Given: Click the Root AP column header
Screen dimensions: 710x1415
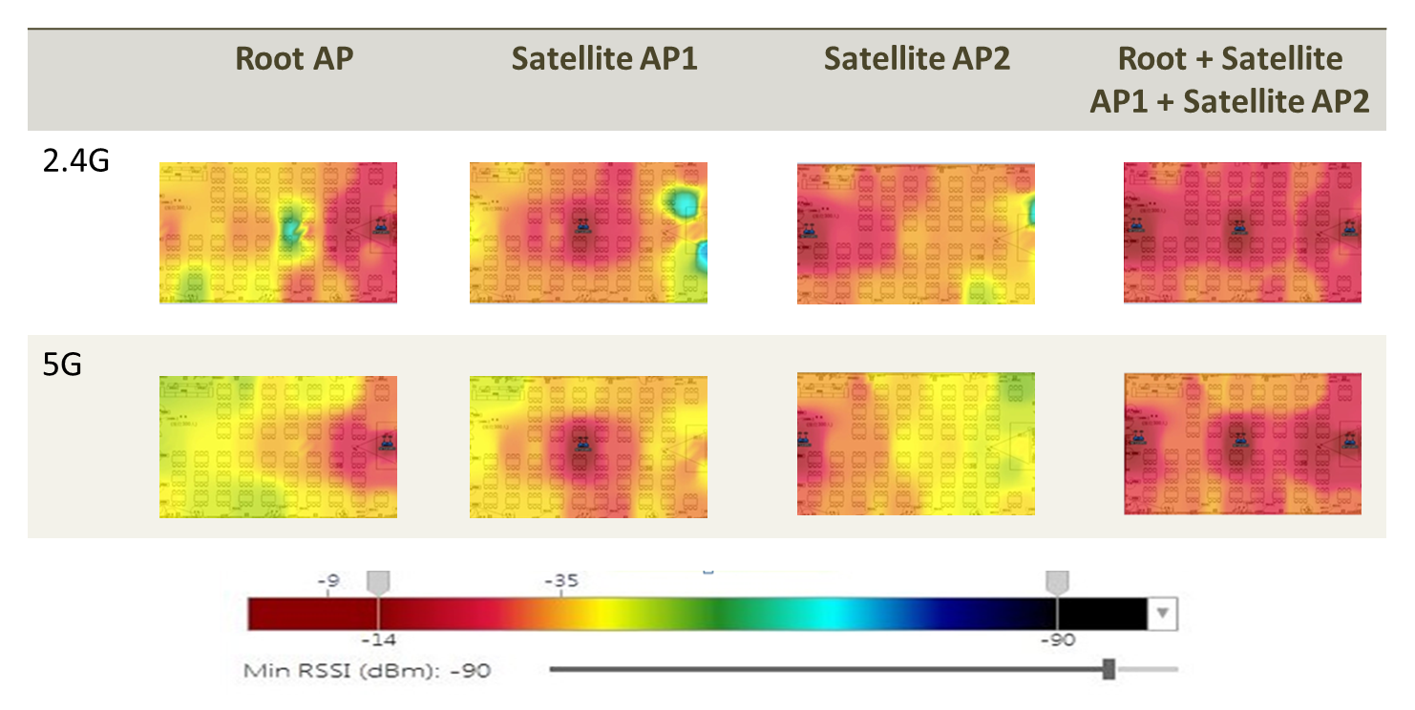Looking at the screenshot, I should [x=294, y=59].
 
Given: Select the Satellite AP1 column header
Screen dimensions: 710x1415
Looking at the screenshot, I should [x=604, y=59].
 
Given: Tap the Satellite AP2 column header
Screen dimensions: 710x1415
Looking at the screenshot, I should [x=917, y=59].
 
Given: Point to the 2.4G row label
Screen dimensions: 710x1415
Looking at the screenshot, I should [x=76, y=160].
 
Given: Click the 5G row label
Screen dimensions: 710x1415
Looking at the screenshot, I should [x=62, y=365].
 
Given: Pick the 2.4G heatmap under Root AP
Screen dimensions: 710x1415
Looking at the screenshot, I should [x=278, y=233].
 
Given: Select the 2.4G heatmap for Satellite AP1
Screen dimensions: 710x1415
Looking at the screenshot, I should [x=588, y=233].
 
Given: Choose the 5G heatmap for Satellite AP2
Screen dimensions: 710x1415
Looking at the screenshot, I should [x=916, y=443].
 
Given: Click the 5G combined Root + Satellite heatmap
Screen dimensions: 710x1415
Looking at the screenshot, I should [x=1242, y=445].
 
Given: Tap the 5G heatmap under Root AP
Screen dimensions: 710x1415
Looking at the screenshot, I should [x=278, y=447].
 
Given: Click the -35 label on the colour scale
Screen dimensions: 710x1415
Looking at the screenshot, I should [x=560, y=580].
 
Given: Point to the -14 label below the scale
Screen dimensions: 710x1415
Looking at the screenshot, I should [x=378, y=640].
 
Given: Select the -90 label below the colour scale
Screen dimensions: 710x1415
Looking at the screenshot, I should [x=1057, y=640].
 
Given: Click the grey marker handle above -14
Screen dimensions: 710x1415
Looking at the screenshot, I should [x=379, y=582].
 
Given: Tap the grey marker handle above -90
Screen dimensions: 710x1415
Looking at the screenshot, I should [x=1057, y=582].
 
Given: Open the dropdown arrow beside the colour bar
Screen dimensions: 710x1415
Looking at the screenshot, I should [x=1162, y=614].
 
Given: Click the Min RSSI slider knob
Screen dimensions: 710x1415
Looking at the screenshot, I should [x=1109, y=669].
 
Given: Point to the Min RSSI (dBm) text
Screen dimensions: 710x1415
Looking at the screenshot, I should [x=367, y=671].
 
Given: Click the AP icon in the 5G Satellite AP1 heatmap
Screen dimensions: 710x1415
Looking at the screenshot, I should [x=581, y=443].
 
